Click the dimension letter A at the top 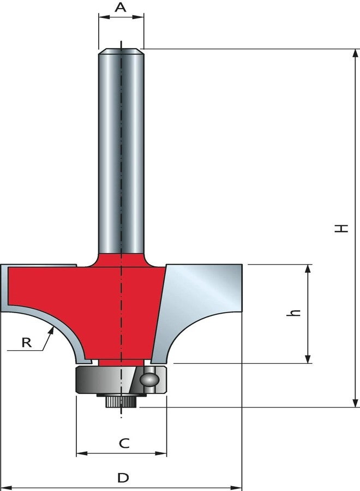(121, 7)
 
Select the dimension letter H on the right (341, 227)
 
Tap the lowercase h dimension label (296, 313)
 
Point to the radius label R (26, 343)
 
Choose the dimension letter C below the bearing (124, 444)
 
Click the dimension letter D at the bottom (124, 478)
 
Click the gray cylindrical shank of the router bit (121, 147)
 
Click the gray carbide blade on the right (202, 306)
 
